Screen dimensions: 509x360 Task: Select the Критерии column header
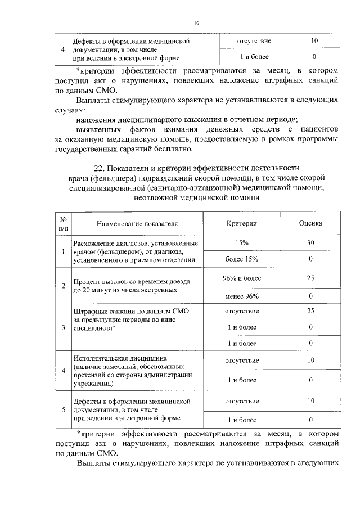pyautogui.click(x=242, y=223)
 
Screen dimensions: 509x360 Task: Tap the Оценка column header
pyautogui.click(x=310, y=223)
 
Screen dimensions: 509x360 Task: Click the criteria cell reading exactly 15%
pyautogui.click(x=242, y=242)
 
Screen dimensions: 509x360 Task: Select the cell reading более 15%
pyautogui.click(x=242, y=259)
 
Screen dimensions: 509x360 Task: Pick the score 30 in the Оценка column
pyautogui.click(x=310, y=242)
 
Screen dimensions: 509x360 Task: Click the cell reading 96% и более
pyautogui.click(x=242, y=278)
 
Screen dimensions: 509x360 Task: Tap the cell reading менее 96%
pyautogui.click(x=242, y=296)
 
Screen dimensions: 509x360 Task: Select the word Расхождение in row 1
pyautogui.click(x=93, y=242)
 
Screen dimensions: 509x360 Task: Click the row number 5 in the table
pyautogui.click(x=62, y=409)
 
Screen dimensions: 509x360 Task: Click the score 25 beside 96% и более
pyautogui.click(x=310, y=278)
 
